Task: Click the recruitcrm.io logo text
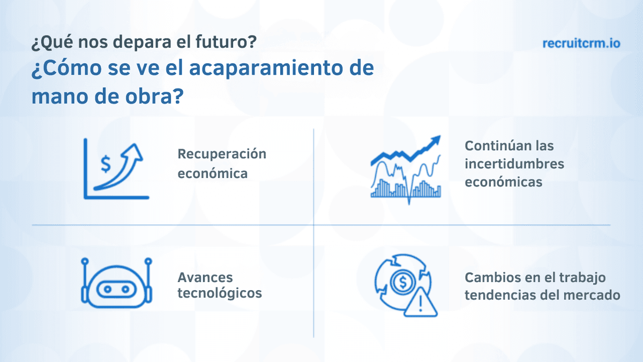[x=581, y=43]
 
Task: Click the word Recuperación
[x=222, y=154]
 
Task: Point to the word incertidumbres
[x=514, y=164]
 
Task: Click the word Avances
[x=205, y=278]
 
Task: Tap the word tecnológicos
[x=220, y=293]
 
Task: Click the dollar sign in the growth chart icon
[x=106, y=164]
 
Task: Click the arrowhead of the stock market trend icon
[x=435, y=142]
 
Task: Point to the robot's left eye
[x=107, y=289]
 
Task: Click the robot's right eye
[x=125, y=289]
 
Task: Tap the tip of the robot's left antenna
[x=85, y=261]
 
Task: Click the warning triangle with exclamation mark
[x=421, y=302]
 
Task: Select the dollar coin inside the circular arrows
[x=403, y=282]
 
